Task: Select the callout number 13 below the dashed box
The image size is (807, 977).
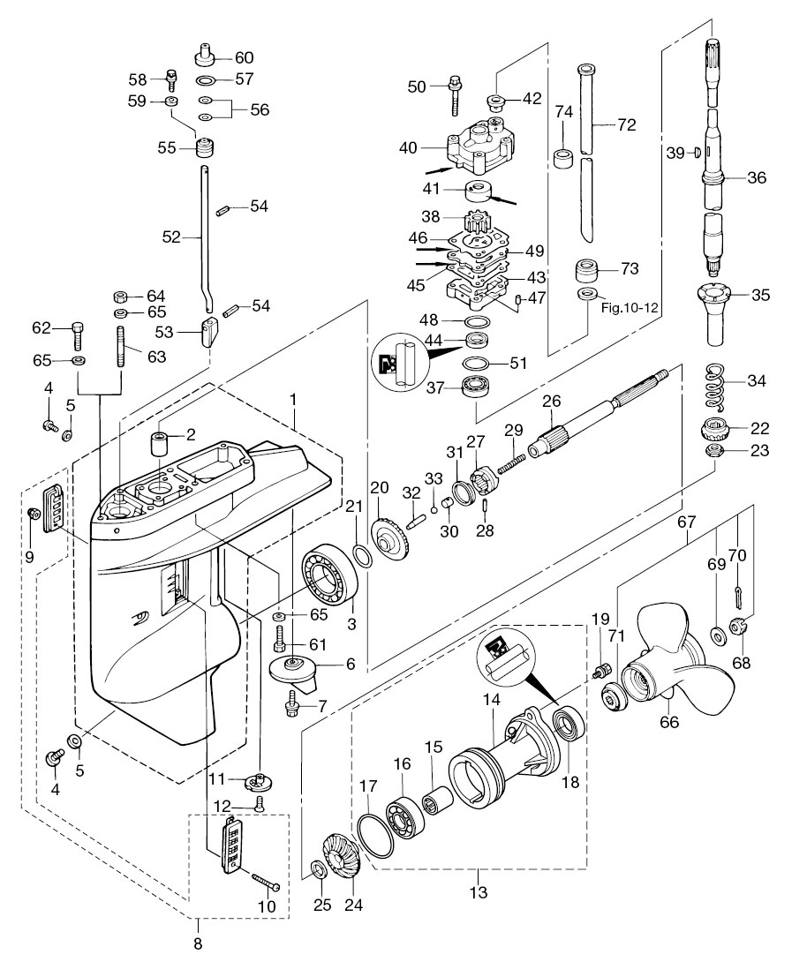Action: (x=479, y=892)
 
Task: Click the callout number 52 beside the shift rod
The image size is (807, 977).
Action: (x=170, y=237)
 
